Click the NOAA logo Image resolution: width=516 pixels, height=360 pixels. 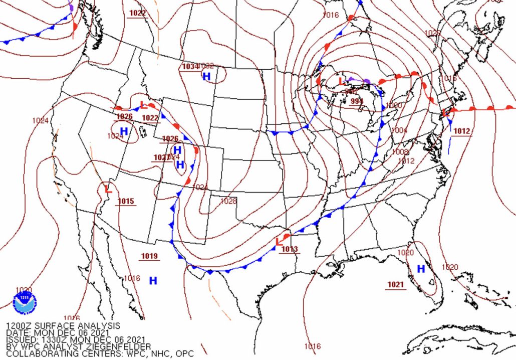point(25,303)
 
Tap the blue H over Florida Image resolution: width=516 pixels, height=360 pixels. point(421,269)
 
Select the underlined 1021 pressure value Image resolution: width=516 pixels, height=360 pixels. point(395,285)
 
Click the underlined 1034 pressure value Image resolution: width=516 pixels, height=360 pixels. point(190,67)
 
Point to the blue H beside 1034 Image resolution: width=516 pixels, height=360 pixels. point(206,76)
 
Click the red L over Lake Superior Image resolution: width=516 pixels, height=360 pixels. point(341,81)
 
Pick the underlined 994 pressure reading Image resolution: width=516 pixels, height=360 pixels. point(356,101)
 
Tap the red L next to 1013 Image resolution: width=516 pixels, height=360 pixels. point(279,242)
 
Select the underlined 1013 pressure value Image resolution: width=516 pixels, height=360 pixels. point(290,249)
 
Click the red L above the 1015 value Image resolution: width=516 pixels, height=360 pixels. point(108,189)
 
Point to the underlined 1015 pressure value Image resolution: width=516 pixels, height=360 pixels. point(126,202)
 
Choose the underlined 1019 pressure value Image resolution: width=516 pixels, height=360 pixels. point(149,256)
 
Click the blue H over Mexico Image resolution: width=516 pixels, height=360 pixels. point(153,281)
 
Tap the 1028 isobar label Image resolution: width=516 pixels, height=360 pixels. point(228,201)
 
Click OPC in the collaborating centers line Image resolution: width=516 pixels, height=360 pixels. point(184,354)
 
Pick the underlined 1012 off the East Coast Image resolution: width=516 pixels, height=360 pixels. point(462,131)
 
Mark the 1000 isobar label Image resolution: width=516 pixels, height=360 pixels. point(394,105)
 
